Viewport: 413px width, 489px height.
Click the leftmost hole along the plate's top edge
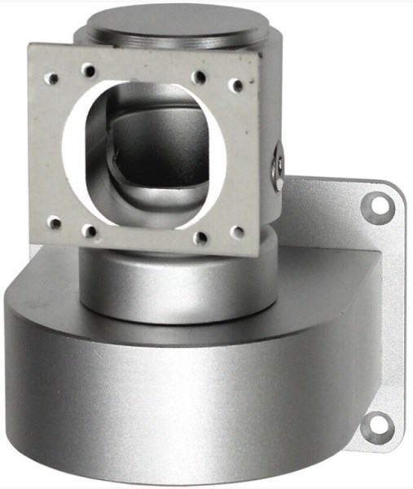click(x=53, y=79)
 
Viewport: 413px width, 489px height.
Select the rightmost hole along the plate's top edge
click(x=236, y=85)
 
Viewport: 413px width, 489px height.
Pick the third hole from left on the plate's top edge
click(x=199, y=77)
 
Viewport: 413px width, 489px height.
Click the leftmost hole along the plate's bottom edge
click(x=55, y=221)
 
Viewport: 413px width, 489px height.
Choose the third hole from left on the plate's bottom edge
click(x=200, y=239)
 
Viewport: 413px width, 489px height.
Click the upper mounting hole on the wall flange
click(x=377, y=206)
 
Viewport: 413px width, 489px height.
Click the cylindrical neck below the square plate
click(x=171, y=281)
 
